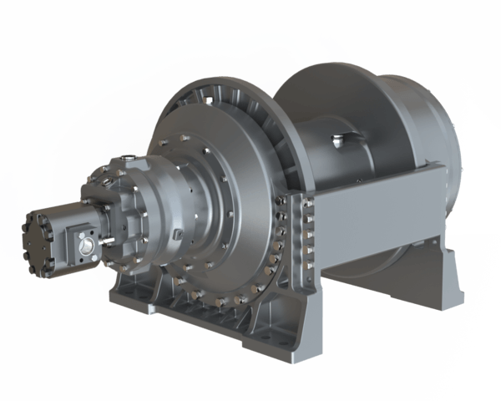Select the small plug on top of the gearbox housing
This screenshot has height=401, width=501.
(128, 156)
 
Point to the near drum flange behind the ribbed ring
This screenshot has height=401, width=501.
(288, 134)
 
